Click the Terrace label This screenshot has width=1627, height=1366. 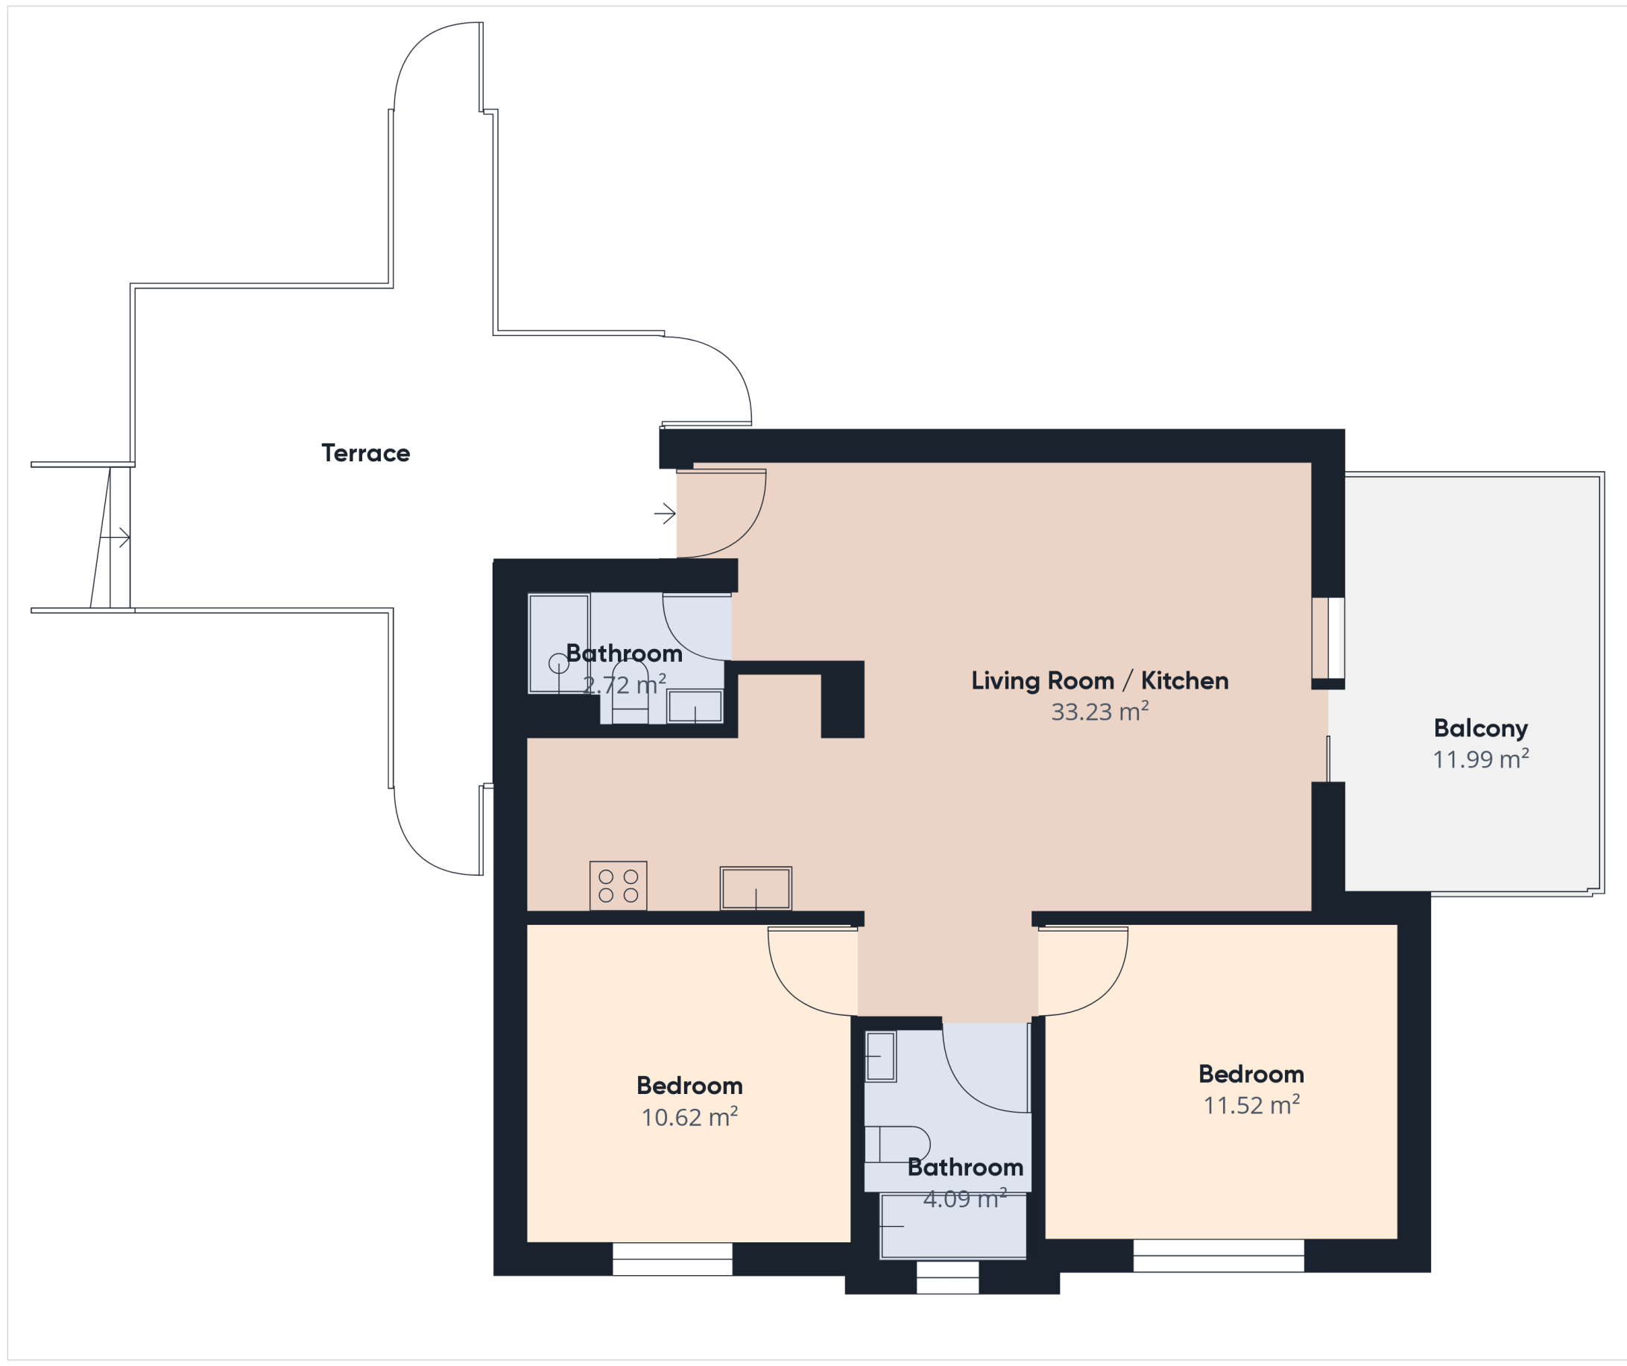click(x=366, y=453)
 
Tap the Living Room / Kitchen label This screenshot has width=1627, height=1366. click(x=1099, y=680)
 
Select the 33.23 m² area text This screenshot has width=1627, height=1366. click(x=1099, y=711)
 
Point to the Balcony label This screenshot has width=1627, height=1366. click(x=1481, y=728)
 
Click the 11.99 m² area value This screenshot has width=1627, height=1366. click(x=1481, y=759)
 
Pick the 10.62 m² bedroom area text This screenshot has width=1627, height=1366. click(x=689, y=1116)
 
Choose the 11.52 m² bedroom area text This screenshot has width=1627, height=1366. click(x=1251, y=1105)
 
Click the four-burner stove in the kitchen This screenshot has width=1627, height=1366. click(x=619, y=885)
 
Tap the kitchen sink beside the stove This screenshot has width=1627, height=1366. click(x=756, y=888)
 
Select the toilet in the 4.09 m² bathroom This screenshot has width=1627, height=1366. click(x=897, y=1145)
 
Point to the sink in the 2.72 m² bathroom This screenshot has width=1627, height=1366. click(x=695, y=706)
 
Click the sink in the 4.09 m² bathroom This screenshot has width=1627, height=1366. click(x=880, y=1056)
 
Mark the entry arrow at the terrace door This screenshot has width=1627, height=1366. click(x=665, y=513)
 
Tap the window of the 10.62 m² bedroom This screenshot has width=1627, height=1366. click(x=672, y=1259)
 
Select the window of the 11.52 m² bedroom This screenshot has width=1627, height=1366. click(x=1219, y=1256)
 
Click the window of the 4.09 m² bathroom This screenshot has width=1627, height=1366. click(x=947, y=1277)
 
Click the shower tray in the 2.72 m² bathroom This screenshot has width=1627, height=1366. click(x=558, y=643)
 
